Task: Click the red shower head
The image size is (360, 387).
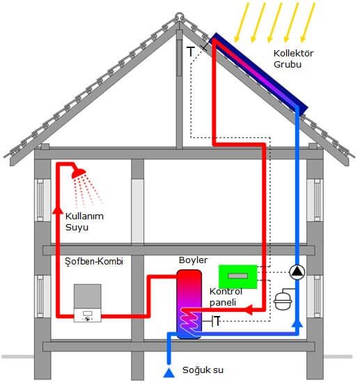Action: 79,173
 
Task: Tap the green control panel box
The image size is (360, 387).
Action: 238,276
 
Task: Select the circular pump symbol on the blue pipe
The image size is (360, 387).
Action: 297,272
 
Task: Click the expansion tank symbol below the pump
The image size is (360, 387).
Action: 283,301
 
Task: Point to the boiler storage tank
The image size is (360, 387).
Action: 189,304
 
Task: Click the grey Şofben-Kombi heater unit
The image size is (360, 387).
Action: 88,303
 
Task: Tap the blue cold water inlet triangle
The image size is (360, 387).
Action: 169,373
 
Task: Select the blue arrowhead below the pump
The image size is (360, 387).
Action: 297,323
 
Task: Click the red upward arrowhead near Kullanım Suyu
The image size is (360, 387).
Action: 58,210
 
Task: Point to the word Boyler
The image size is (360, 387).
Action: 194,260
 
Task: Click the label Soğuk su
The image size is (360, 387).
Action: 203,370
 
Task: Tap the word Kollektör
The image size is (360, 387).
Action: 294,54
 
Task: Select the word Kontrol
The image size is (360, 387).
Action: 226,292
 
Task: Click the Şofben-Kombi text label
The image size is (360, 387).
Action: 94,262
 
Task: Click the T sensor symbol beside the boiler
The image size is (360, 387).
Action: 216,321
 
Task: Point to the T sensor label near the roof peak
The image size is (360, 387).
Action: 191,52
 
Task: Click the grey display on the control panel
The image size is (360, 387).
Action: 237,276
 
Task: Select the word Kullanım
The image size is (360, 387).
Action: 84,216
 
